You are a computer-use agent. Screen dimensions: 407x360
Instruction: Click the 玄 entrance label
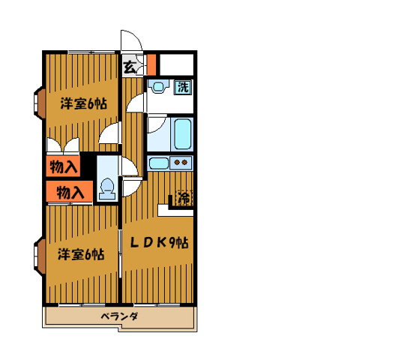130,67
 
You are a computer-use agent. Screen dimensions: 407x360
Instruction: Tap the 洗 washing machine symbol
183,87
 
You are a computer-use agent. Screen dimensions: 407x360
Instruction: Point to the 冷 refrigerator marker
184,198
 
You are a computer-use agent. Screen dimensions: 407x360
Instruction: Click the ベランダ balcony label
119,316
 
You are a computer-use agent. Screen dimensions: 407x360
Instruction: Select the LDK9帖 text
159,243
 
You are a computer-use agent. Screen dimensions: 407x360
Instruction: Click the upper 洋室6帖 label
84,103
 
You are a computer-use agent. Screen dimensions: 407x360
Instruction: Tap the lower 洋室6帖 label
81,254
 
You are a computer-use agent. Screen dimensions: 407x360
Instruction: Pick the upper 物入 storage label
63,166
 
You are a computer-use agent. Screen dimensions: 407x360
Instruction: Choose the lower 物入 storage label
70,192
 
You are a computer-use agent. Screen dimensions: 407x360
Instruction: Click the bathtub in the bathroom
183,134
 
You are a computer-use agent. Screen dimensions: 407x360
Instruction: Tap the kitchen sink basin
159,163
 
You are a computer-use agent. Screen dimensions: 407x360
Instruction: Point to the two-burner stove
181,163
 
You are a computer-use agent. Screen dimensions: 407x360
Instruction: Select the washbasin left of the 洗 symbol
157,86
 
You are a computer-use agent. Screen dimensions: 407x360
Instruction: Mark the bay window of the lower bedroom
40,256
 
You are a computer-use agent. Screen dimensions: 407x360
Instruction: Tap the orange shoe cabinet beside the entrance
151,64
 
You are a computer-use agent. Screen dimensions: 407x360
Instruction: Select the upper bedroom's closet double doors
63,145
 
